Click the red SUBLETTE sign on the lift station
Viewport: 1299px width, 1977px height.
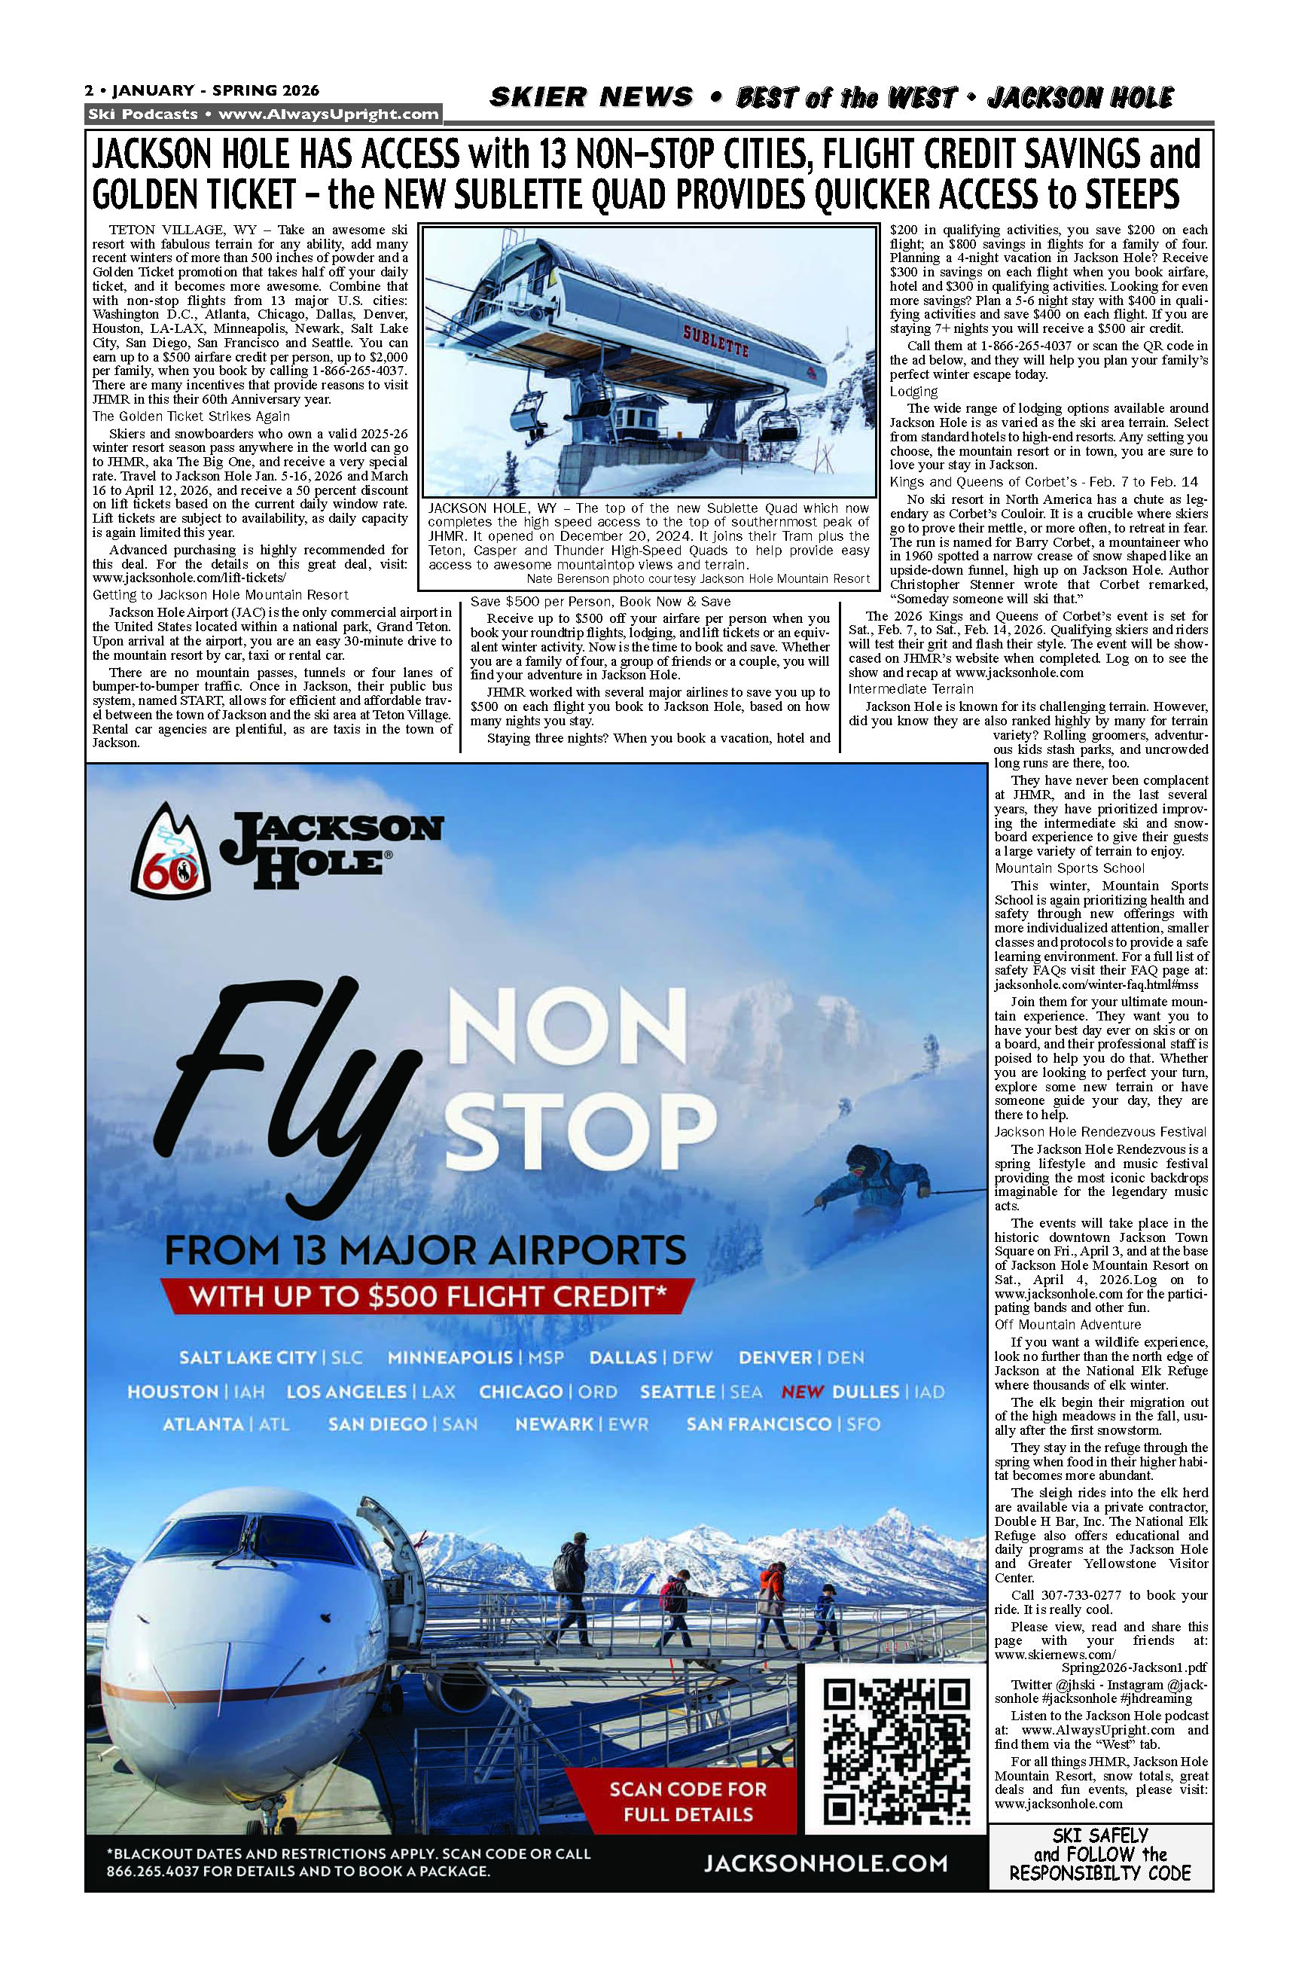click(x=716, y=341)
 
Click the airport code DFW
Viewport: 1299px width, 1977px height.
click(x=693, y=1357)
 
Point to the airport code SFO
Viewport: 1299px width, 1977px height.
click(x=863, y=1423)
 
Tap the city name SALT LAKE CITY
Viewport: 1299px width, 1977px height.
click(x=248, y=1357)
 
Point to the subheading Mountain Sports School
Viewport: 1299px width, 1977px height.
click(x=1069, y=868)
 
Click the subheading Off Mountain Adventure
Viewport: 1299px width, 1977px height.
click(x=1067, y=1325)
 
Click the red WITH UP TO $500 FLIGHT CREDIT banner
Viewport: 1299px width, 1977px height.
click(x=428, y=1296)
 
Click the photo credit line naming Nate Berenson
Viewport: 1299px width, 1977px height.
click(x=697, y=579)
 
